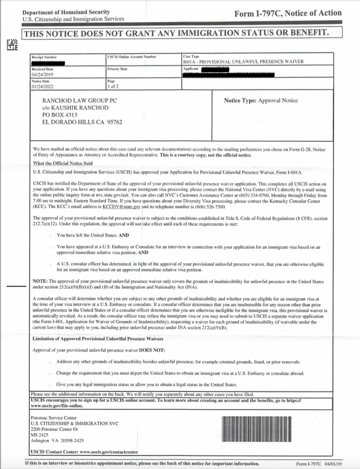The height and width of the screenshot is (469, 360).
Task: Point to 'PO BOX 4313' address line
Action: [60, 115]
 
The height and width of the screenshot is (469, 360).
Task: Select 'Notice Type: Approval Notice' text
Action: [261, 101]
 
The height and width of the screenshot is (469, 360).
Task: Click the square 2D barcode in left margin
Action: [11, 45]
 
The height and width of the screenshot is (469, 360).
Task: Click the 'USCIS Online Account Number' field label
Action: [132, 57]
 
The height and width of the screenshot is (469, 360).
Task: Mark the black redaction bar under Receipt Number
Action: [48, 62]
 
